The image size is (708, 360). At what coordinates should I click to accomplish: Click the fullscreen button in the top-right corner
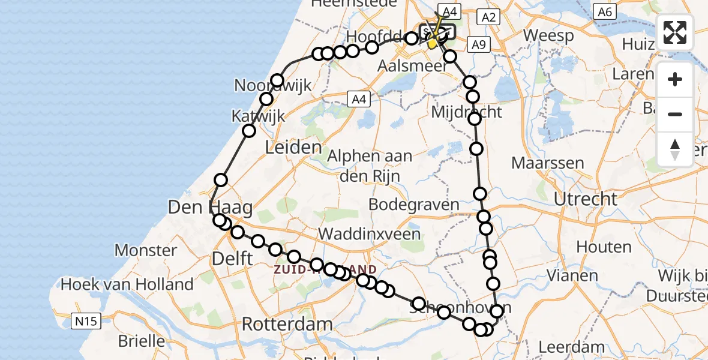tap(675, 32)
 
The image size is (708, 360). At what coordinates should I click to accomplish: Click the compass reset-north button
tap(675, 150)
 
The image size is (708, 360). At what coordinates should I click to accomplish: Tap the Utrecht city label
tap(585, 199)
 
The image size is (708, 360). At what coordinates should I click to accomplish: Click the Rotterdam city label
tap(287, 325)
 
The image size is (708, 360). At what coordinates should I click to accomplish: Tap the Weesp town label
tap(548, 35)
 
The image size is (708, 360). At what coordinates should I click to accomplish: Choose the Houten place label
tap(604, 247)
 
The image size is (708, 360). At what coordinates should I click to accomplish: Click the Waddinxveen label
tap(370, 233)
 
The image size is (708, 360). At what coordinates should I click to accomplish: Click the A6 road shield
tap(603, 11)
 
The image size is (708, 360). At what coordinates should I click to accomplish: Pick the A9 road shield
tap(478, 44)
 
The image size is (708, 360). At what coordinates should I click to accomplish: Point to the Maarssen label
tap(548, 163)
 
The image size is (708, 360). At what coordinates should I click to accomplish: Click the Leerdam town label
tap(571, 347)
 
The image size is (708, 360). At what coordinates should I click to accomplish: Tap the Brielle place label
tap(143, 341)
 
